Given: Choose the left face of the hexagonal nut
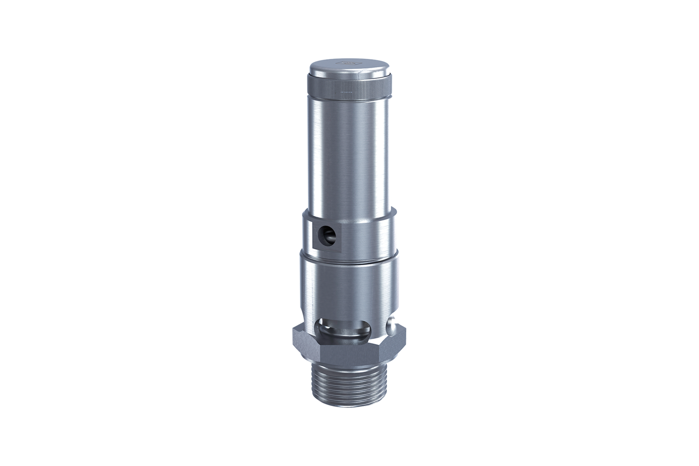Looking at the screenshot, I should pos(306,345).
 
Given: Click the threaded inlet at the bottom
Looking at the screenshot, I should pos(350,390).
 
